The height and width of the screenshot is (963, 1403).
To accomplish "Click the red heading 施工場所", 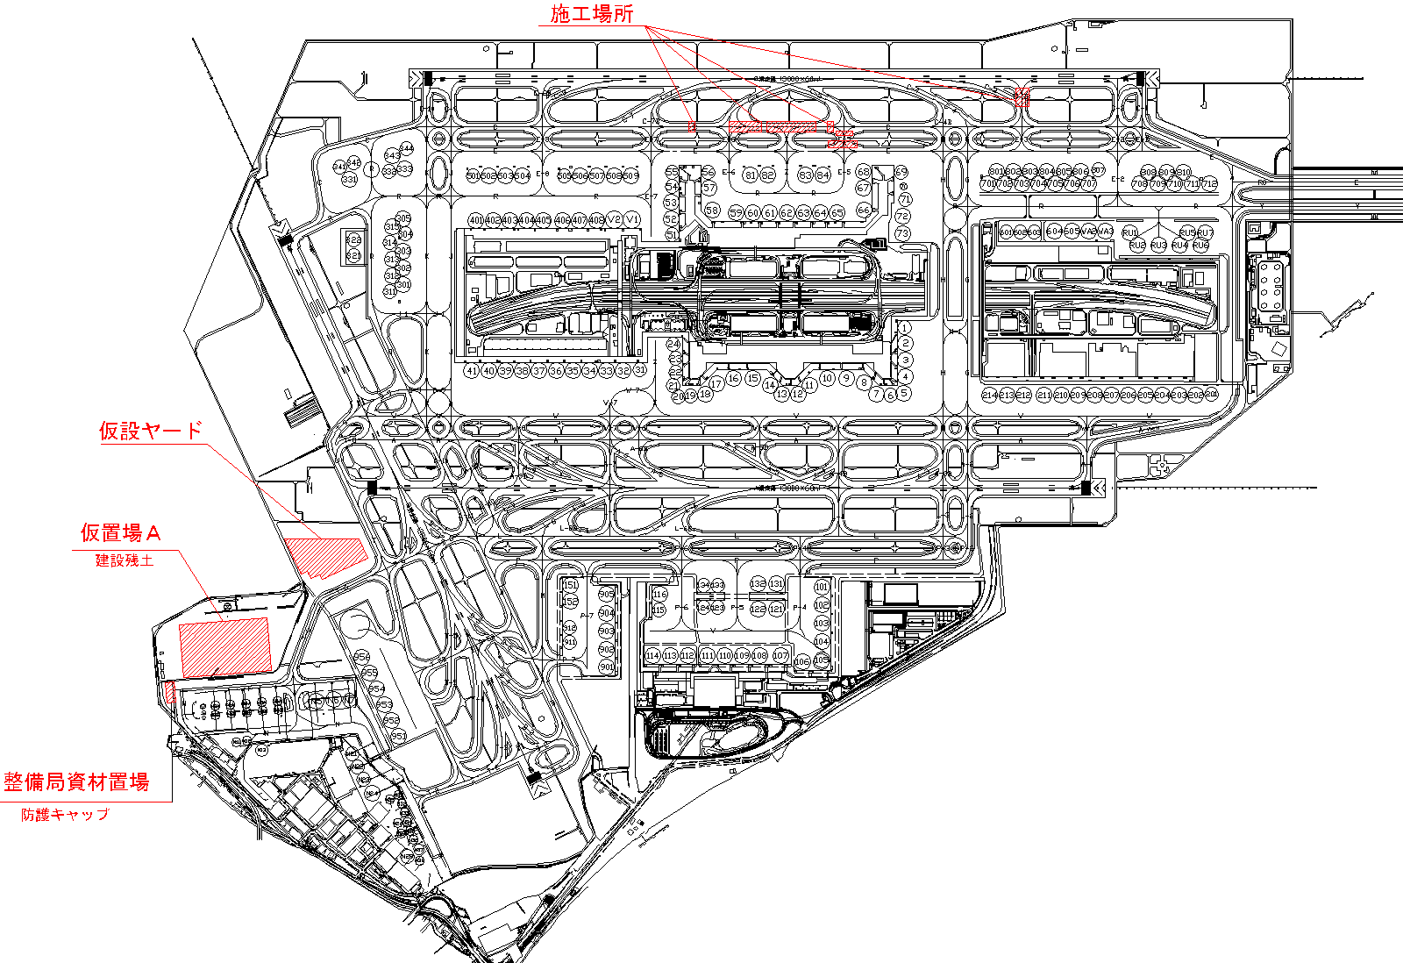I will tap(592, 14).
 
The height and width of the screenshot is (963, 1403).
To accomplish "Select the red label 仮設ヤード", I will tap(151, 431).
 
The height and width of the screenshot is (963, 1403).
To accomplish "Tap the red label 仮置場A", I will tap(121, 532).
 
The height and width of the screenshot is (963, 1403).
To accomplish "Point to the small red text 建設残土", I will tap(125, 560).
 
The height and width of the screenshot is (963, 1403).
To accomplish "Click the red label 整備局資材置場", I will tap(77, 782).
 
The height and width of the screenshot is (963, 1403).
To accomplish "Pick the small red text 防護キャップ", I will tap(66, 815).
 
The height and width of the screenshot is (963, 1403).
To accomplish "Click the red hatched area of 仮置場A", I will tap(224, 646).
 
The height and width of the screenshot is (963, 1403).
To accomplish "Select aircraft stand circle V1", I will tap(631, 220).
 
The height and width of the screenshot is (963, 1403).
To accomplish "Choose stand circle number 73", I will tap(903, 233).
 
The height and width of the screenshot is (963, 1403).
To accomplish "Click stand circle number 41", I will tap(472, 371).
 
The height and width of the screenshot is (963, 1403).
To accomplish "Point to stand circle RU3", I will tap(1158, 246).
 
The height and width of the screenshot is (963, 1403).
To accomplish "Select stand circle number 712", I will tap(1209, 184).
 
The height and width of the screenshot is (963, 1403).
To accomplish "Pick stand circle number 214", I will tap(990, 396).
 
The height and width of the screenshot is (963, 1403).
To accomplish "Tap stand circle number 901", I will tap(606, 667).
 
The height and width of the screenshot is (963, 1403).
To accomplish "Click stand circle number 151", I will tap(570, 586).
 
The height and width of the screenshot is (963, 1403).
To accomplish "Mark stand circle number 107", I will tap(780, 655).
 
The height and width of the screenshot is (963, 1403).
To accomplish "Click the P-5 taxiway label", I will tap(737, 607).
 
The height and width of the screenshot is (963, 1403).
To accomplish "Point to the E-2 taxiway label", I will tap(1118, 179).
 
